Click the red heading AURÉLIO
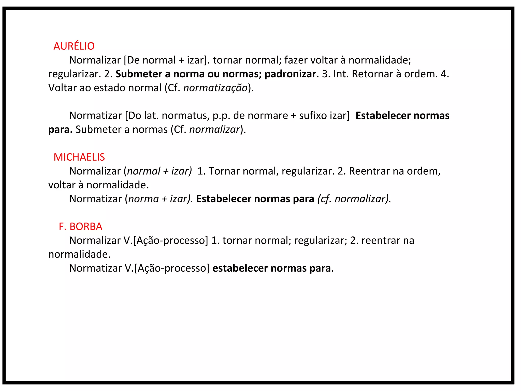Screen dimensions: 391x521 coord(74,46)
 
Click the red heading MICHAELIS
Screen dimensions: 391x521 coord(79,157)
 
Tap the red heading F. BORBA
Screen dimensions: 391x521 coord(80,227)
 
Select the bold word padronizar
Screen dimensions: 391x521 coord(290,74)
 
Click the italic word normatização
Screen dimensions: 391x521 coord(215,88)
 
